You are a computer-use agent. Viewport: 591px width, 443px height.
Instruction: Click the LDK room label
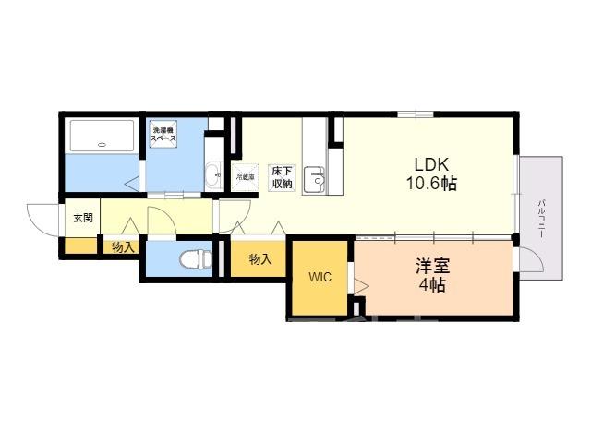point(431,164)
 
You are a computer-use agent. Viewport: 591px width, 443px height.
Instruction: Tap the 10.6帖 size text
point(431,184)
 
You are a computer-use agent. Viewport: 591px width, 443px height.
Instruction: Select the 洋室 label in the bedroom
point(433,266)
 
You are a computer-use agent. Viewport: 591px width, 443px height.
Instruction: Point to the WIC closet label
point(320,277)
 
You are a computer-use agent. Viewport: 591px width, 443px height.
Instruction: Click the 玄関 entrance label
point(83,218)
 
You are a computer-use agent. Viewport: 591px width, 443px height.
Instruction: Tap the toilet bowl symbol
point(196,259)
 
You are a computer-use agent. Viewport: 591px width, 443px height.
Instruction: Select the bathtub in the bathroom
point(103,136)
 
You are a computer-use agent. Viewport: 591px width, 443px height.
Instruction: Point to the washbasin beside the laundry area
point(214,174)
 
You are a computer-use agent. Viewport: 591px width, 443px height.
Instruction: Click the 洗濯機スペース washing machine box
point(163,132)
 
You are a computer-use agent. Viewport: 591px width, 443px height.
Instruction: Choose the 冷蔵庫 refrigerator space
point(245,176)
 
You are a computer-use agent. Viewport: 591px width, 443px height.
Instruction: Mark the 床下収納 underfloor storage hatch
point(282,178)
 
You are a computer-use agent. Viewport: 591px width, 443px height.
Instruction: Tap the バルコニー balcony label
point(541,219)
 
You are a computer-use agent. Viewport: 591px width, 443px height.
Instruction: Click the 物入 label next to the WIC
point(260,259)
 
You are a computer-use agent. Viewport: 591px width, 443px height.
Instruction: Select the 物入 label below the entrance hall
point(123,247)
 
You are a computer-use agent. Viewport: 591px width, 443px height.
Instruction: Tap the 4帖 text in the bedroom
point(432,285)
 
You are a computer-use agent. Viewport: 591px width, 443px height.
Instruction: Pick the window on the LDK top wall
point(415,114)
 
